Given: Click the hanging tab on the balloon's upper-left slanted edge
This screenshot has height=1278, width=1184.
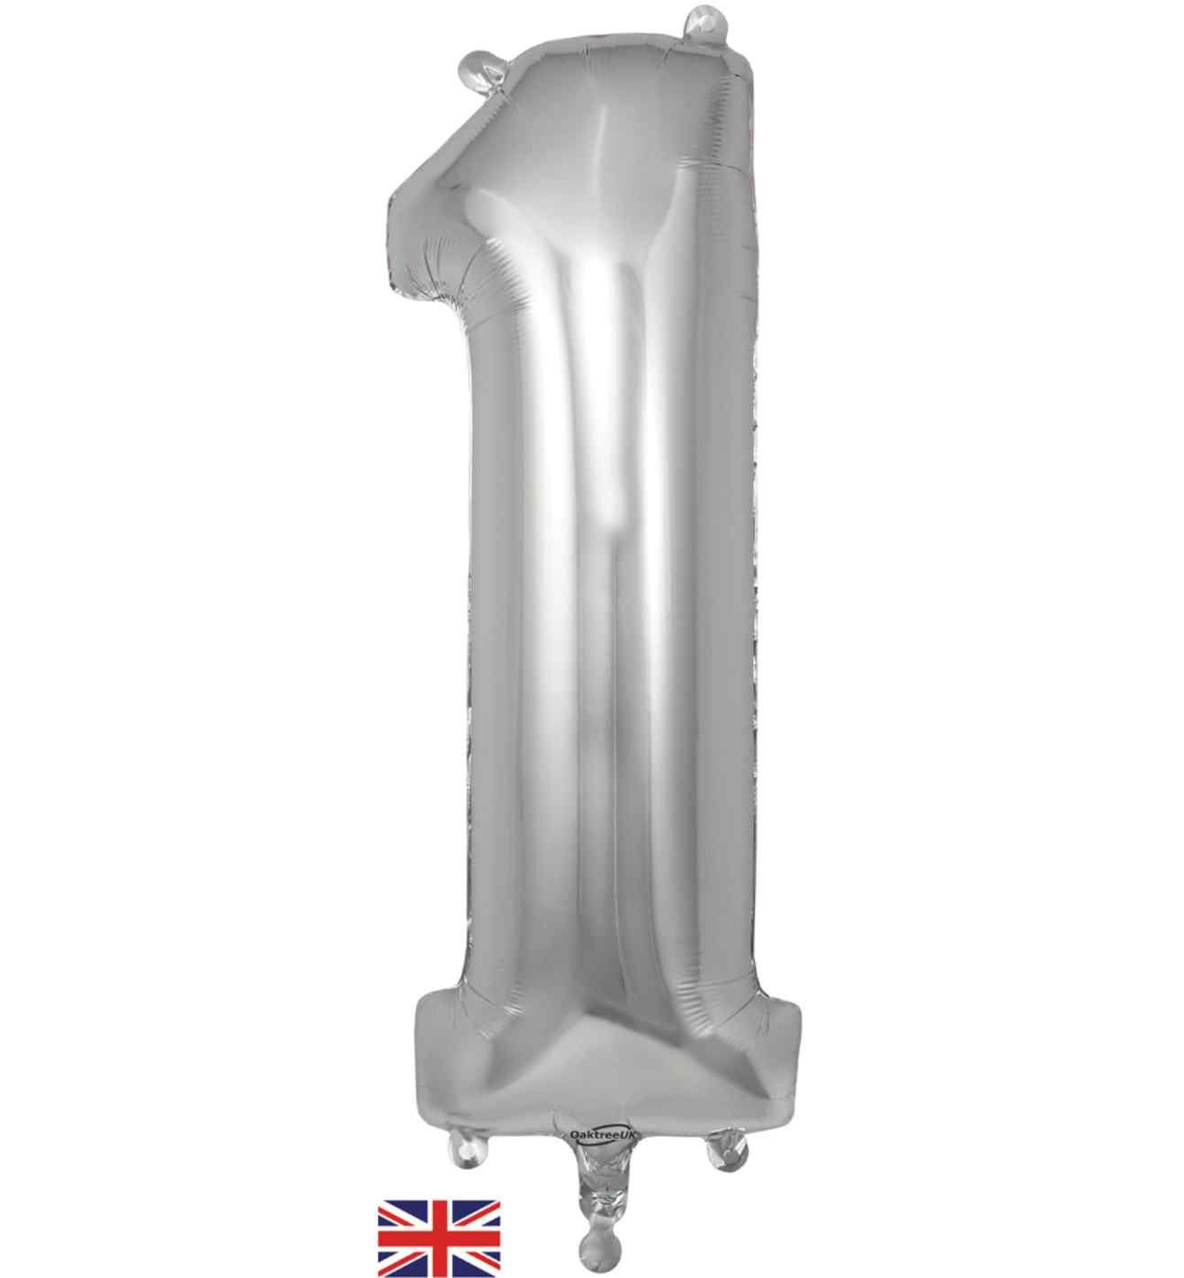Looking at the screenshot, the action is (x=480, y=70).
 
